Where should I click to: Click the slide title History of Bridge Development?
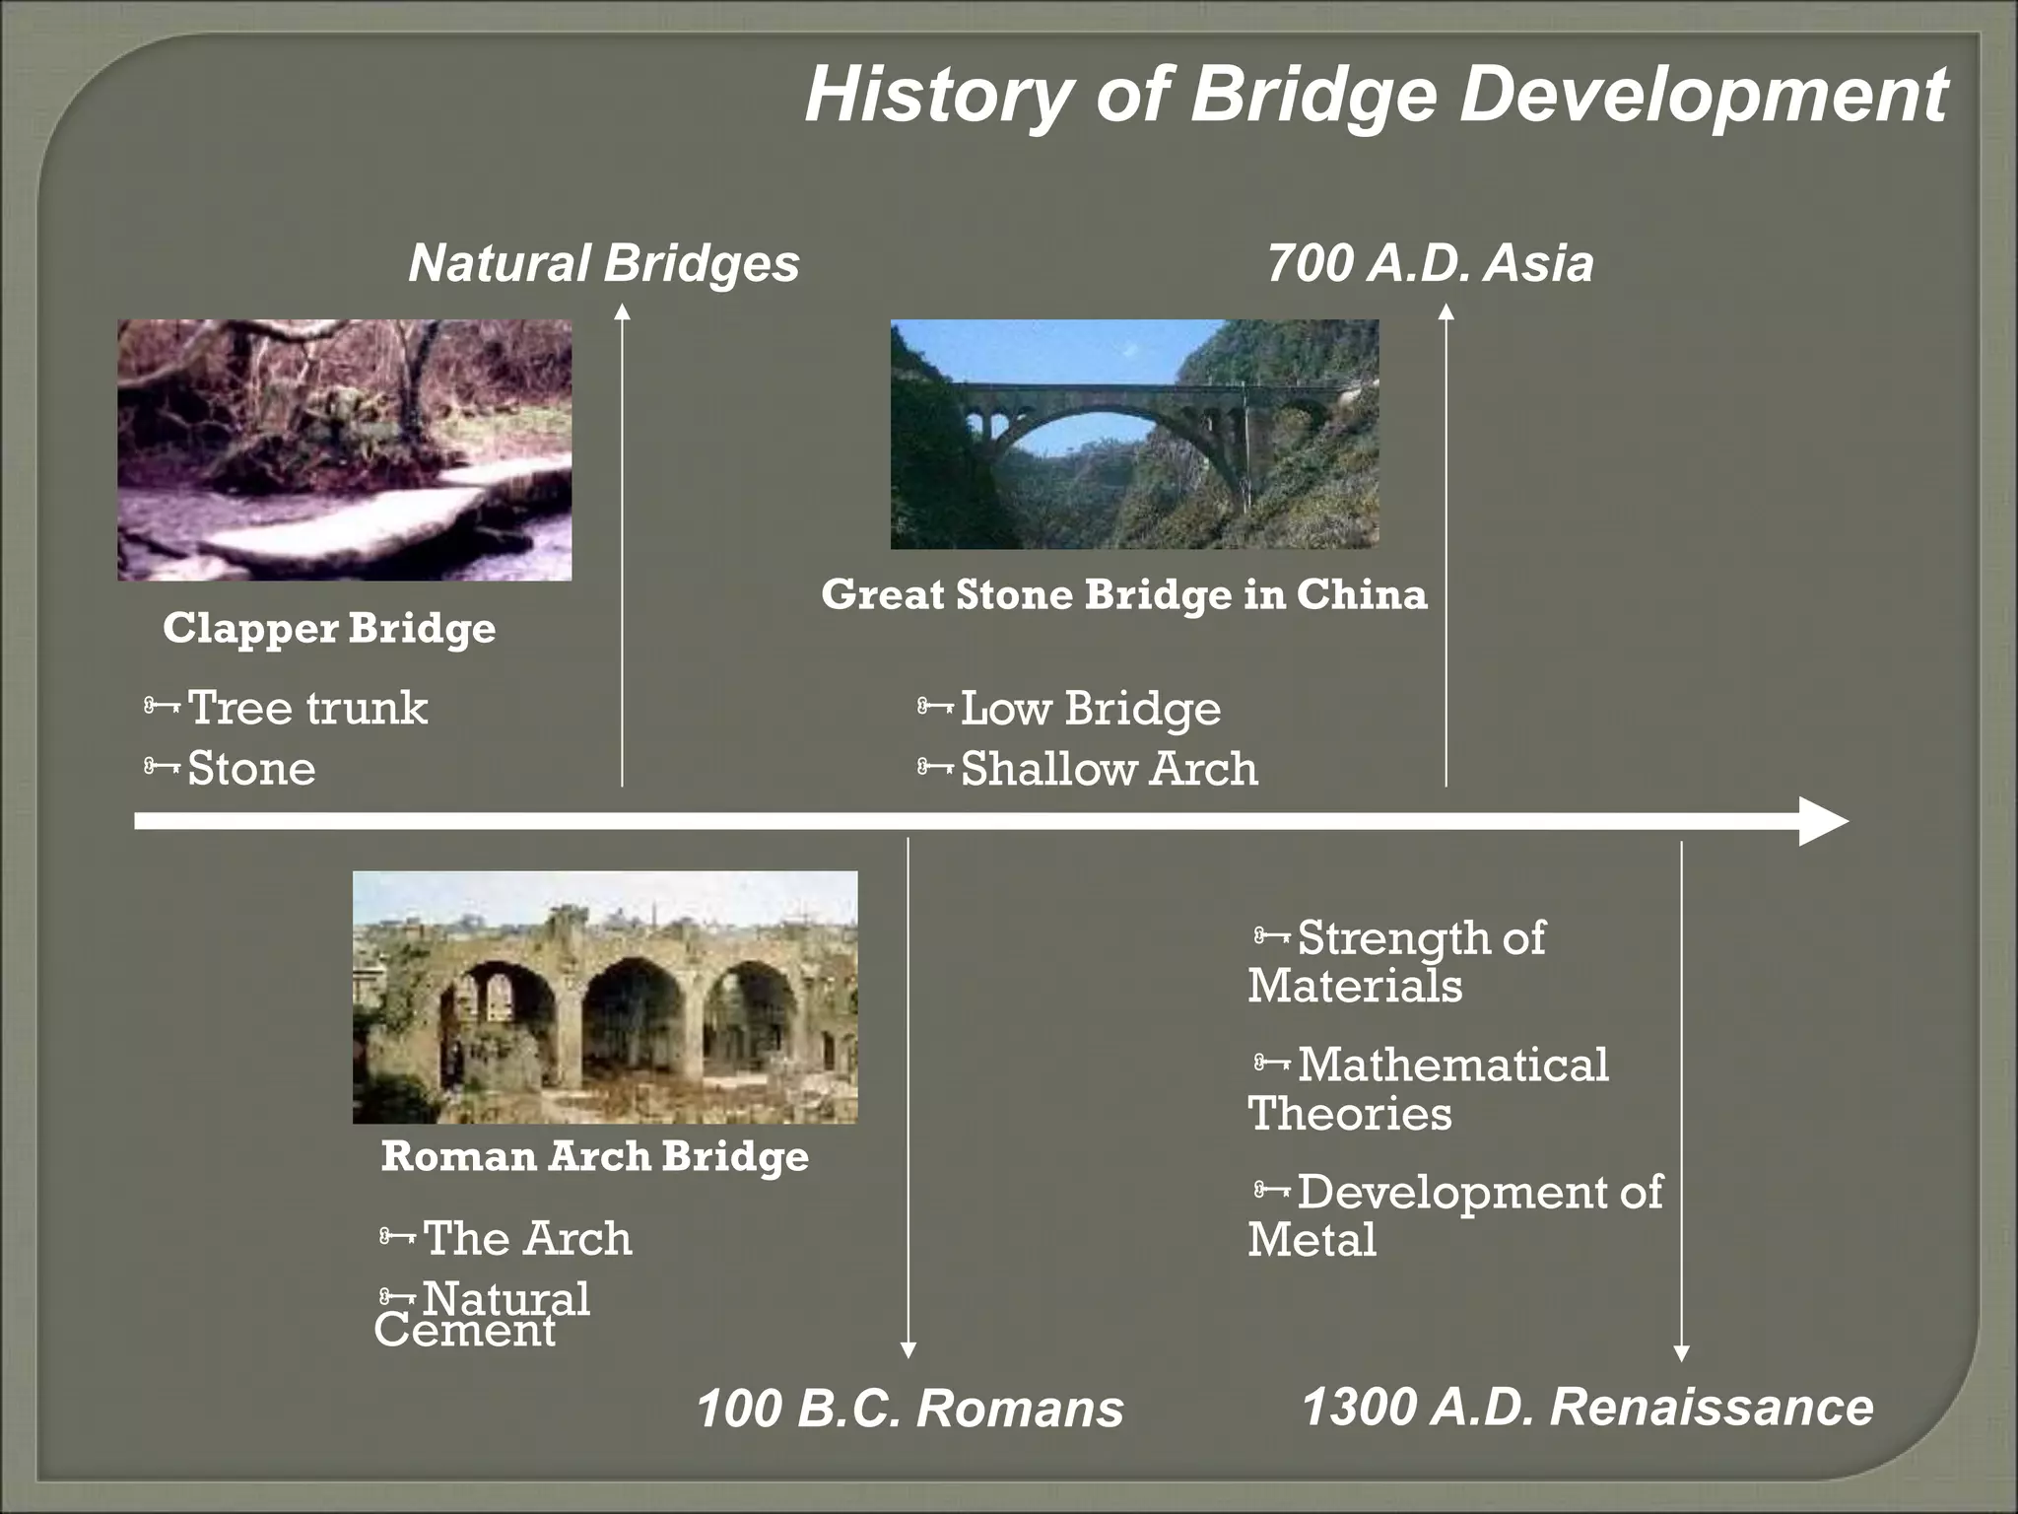[1376, 96]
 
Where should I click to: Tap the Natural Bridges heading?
[603, 264]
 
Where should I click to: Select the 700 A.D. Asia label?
[1429, 264]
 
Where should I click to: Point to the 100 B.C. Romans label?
[909, 1409]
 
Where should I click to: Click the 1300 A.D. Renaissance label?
[1586, 1407]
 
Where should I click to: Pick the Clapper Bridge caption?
[329, 628]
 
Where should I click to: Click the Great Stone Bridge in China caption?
[1123, 594]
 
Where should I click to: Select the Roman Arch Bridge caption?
[594, 1155]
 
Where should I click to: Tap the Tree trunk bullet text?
[307, 708]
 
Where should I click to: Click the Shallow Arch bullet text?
[1109, 769]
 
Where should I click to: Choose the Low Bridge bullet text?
[1090, 708]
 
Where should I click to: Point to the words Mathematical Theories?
[1429, 1089]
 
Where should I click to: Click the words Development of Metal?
[1454, 1215]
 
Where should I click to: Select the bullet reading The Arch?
[527, 1238]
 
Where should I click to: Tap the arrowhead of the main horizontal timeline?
[1823, 821]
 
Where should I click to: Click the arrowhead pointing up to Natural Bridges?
[622, 311]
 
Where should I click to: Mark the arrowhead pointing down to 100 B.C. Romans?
[908, 1349]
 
